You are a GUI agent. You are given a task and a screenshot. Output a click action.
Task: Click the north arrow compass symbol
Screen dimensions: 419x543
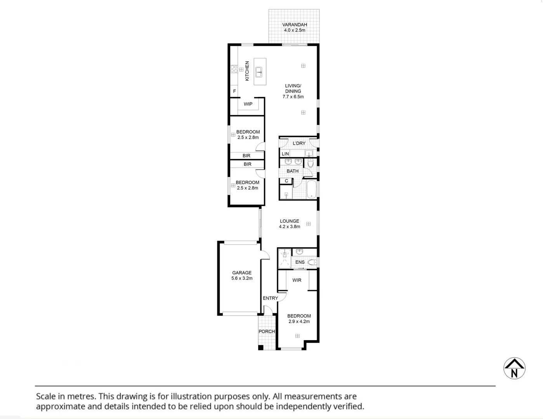514,368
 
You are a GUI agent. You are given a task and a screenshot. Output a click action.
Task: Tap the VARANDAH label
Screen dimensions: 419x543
294,25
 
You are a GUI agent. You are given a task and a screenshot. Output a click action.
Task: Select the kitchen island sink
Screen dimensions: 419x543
259,72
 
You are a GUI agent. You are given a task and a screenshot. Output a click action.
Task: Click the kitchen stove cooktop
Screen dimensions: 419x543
234,69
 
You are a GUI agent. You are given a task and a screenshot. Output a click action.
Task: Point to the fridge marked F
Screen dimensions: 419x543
234,92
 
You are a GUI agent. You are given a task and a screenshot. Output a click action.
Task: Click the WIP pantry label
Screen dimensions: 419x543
248,104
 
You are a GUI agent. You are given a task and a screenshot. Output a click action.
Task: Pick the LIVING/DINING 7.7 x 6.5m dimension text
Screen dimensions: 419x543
293,97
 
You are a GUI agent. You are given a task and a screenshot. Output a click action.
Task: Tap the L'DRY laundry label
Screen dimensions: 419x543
299,143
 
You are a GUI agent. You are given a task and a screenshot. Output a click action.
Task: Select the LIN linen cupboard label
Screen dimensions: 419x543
285,154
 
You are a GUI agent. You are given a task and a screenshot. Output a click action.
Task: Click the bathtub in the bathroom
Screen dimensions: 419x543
312,189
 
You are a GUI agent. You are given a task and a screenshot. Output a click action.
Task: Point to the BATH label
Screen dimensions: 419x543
293,171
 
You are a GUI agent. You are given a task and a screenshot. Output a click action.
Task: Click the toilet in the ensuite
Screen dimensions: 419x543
312,263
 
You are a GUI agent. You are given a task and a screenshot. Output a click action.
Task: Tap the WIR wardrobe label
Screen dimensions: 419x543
297,280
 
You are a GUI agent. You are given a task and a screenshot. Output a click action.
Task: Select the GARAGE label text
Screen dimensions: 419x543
242,273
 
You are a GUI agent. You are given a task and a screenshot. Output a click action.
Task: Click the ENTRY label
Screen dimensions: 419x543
270,298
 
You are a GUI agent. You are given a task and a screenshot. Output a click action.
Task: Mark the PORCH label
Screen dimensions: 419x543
267,331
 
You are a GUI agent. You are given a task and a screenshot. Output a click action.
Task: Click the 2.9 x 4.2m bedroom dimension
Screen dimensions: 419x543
299,321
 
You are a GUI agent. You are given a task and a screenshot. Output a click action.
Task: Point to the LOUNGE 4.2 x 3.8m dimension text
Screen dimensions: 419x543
290,227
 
